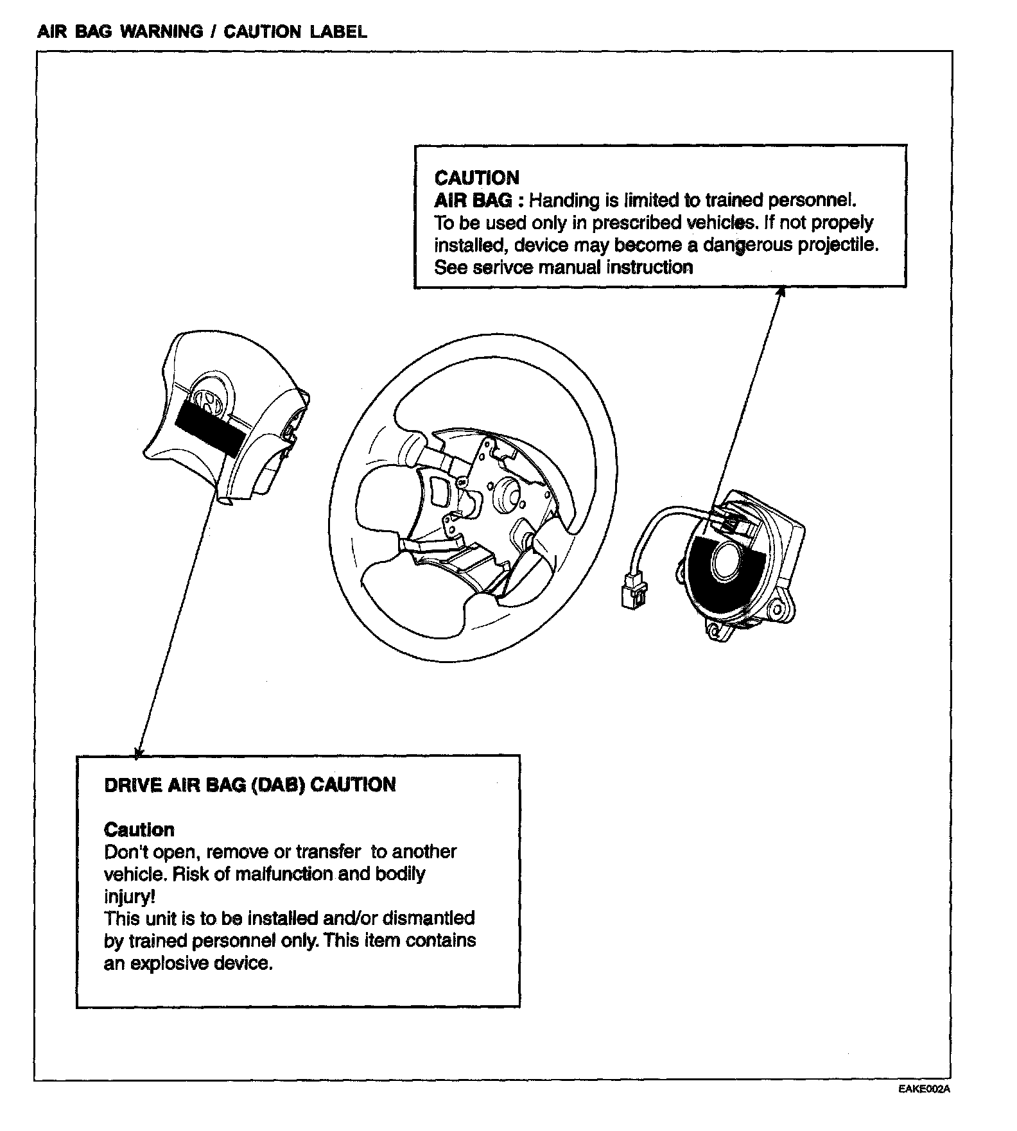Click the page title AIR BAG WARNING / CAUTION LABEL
pos(202,31)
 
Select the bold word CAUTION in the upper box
pos(476,178)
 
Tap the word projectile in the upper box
pos(837,245)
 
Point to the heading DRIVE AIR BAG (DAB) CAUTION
pos(250,784)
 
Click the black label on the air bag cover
pos(209,427)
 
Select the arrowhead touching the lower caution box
pos(138,752)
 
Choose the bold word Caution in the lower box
pos(139,829)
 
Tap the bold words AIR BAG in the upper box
pos(473,200)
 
